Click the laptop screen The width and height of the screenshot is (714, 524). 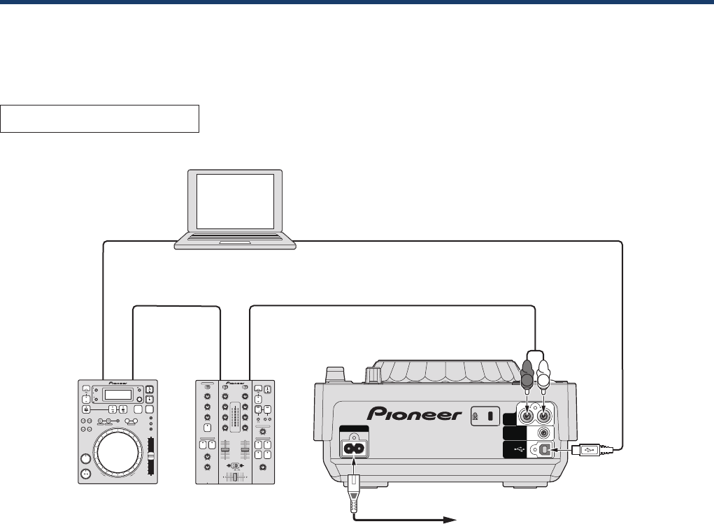tap(235, 201)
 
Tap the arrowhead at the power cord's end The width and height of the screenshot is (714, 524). tap(451, 519)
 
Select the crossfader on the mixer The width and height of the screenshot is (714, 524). tap(236, 466)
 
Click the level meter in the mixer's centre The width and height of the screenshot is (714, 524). tap(235, 419)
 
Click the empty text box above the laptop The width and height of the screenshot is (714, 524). tap(100, 119)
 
